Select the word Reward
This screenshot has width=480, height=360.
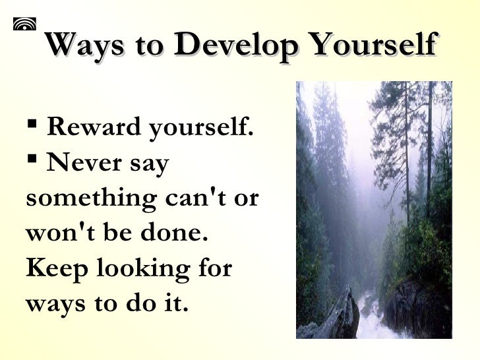pyautogui.click(x=95, y=127)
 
